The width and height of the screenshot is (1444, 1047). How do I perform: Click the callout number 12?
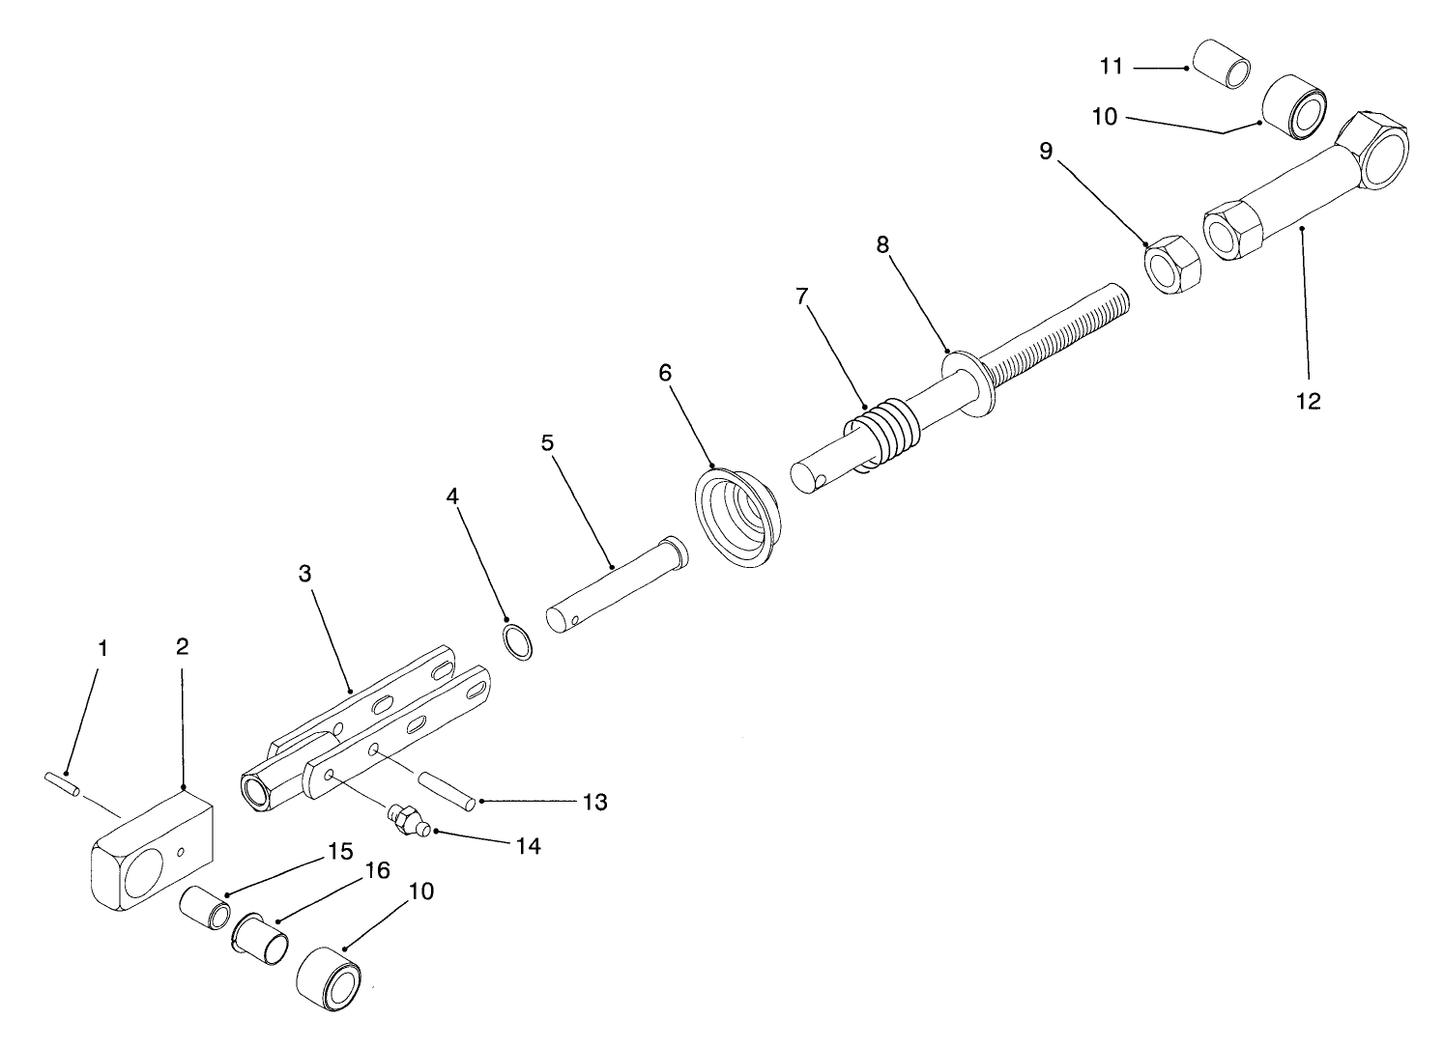point(1308,401)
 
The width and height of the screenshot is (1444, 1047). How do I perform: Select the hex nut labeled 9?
point(1171,264)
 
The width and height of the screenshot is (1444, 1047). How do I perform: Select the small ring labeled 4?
point(519,641)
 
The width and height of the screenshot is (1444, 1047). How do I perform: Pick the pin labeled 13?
point(445,788)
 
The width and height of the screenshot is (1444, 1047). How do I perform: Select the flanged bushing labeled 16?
point(260,936)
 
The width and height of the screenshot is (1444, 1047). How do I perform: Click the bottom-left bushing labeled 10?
point(329,978)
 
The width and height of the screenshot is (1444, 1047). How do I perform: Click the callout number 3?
point(304,573)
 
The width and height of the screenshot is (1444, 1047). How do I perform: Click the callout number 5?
point(548,443)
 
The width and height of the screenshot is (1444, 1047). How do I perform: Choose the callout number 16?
point(376,871)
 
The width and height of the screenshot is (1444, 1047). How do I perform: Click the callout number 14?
point(527,846)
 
